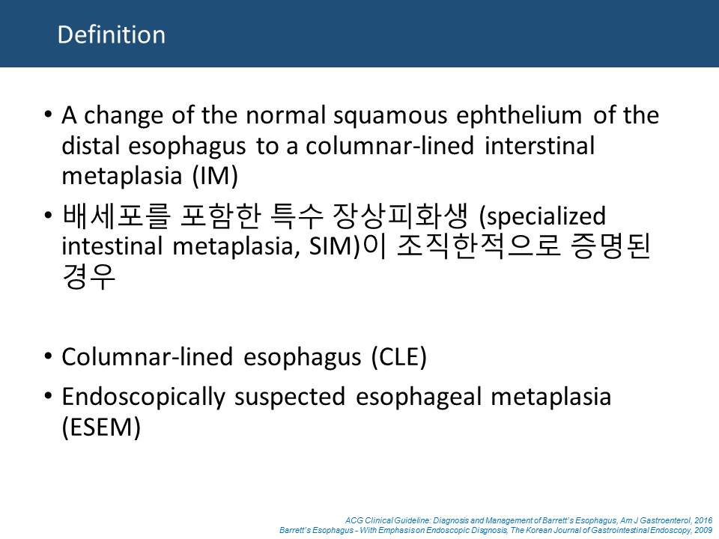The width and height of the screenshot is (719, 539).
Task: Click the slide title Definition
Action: pyautogui.click(x=112, y=35)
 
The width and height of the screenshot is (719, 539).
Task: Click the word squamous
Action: pyautogui.click(x=390, y=115)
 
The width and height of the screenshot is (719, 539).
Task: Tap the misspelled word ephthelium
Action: pyautogui.click(x=518, y=115)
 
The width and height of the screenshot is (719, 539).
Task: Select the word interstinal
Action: pyautogui.click(x=539, y=146)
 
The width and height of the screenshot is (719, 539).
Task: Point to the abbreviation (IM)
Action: pyautogui.click(x=215, y=176)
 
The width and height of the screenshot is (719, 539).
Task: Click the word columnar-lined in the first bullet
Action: pyautogui.click(x=389, y=146)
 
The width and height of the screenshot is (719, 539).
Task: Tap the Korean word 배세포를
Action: pyautogui.click(x=116, y=216)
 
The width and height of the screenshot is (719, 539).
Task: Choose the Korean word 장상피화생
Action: pyautogui.click(x=400, y=216)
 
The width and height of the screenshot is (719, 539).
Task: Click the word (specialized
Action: pyautogui.click(x=542, y=216)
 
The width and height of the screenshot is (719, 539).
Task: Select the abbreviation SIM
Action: pyautogui.click(x=330, y=246)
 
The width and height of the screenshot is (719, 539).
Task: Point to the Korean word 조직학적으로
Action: pyautogui.click(x=479, y=246)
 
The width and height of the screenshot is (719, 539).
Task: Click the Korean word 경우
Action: pyautogui.click(x=88, y=276)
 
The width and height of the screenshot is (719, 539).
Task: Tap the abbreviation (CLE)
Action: pyautogui.click(x=399, y=357)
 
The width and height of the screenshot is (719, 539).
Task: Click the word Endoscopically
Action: pyautogui.click(x=143, y=397)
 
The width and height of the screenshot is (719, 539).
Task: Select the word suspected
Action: pyautogui.click(x=289, y=398)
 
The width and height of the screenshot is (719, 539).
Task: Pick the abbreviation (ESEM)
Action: pyautogui.click(x=101, y=427)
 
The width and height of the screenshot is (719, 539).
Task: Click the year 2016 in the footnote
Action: pyautogui.click(x=703, y=521)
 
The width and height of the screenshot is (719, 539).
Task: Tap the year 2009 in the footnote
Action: pyautogui.click(x=703, y=530)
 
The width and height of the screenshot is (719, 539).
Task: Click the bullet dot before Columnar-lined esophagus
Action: pyautogui.click(x=48, y=356)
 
